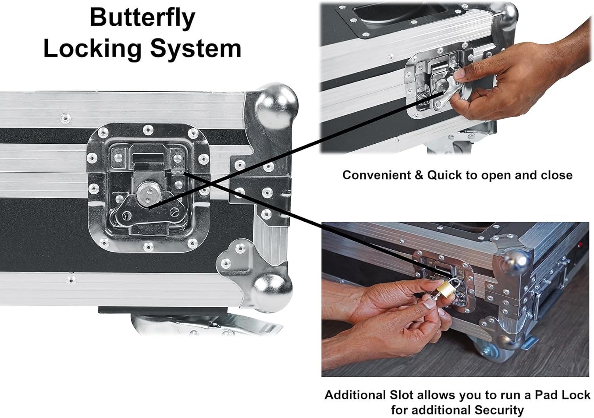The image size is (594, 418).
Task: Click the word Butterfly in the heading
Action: coord(143,18)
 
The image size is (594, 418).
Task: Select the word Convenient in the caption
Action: coord(376,175)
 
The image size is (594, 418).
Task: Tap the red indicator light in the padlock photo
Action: coord(581,244)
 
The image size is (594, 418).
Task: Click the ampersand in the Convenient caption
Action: coord(419,175)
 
